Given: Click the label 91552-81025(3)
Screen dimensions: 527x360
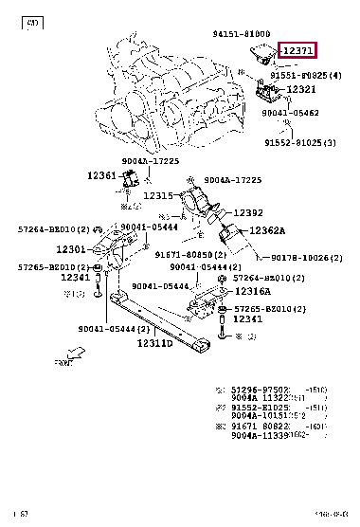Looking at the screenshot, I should point(303,142).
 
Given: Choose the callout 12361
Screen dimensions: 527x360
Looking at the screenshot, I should point(101,175).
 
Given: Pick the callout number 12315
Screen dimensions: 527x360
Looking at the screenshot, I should point(159,195).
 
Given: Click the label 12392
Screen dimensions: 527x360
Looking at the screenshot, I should point(248,213).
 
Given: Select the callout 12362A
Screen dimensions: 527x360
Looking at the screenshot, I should point(268,230).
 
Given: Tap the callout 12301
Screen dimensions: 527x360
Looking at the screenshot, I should point(72,249).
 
